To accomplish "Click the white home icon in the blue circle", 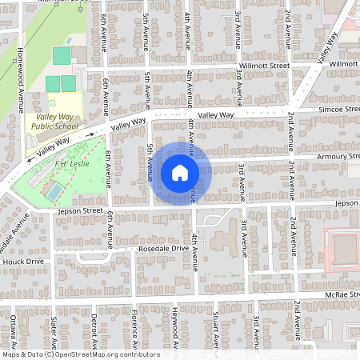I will pyautogui.click(x=179, y=172).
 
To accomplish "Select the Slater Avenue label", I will pyautogui.click(x=54, y=331).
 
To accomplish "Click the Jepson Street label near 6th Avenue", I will pyautogui.click(x=81, y=211).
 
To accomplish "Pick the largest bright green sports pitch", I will pyautogui.click(x=61, y=55).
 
